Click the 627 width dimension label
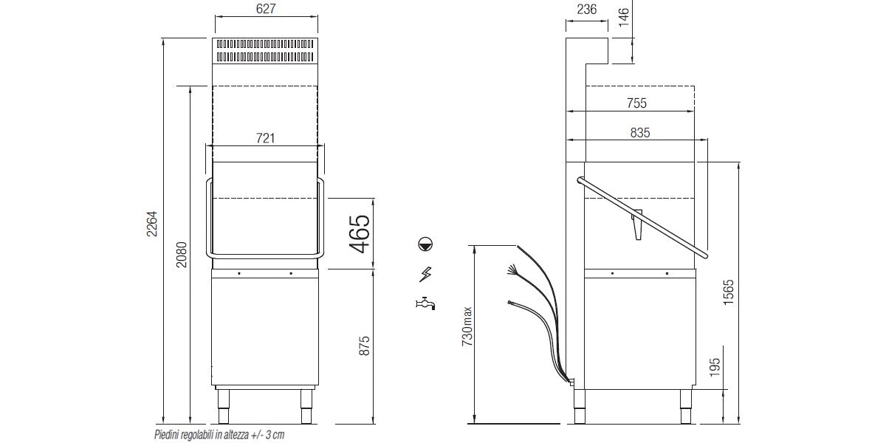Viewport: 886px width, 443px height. (x=265, y=9)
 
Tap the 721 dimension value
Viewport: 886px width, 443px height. (x=265, y=138)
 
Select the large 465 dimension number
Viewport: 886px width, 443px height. (x=360, y=234)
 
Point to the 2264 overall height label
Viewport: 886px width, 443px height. (x=152, y=224)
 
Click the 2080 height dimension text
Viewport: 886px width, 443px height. (x=181, y=255)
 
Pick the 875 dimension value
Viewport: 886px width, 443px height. (x=364, y=346)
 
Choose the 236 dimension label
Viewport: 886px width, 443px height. (x=586, y=9)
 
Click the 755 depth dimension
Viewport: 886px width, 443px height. (x=636, y=103)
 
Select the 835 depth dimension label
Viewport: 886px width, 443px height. (x=639, y=132)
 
